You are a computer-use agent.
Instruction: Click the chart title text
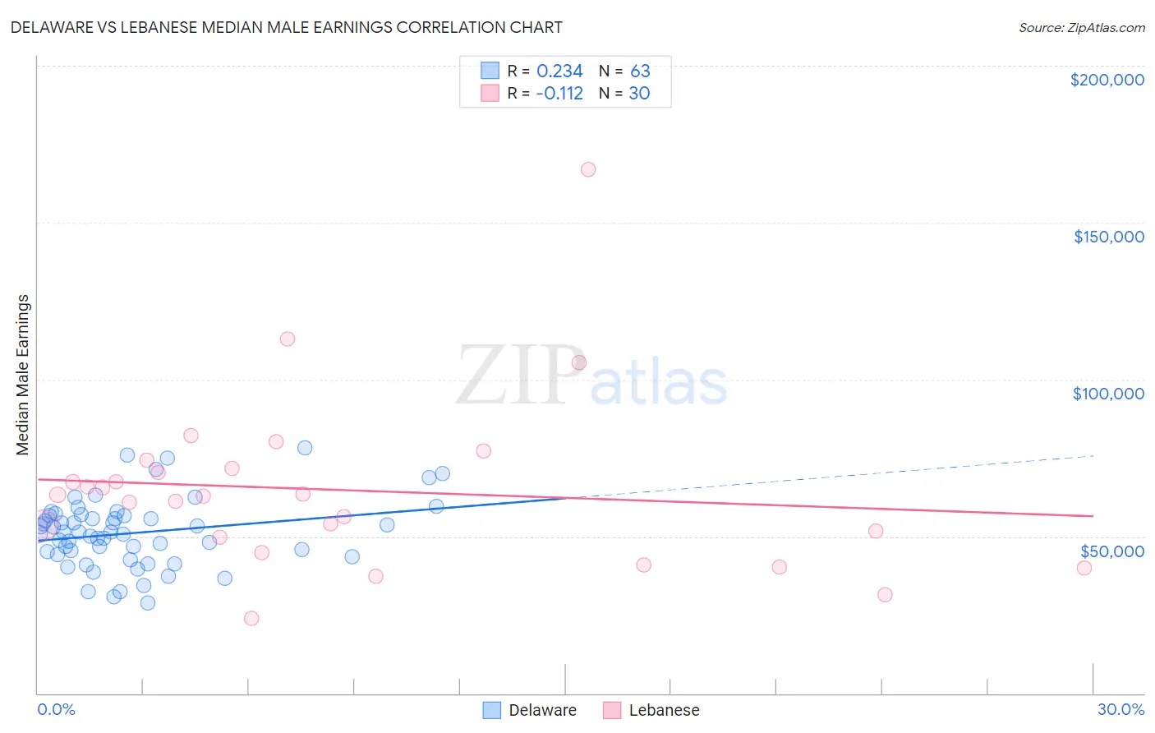(287, 27)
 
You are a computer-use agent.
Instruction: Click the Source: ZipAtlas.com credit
(1081, 27)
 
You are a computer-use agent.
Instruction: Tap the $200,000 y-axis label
(1107, 80)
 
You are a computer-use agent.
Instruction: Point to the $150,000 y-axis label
(1108, 237)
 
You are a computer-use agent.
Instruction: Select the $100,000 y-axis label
(1108, 394)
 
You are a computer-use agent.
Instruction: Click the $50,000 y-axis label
(1111, 551)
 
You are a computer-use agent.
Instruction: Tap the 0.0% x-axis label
(56, 709)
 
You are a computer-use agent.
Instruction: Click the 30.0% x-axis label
(1120, 709)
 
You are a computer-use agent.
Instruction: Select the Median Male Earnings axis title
(23, 374)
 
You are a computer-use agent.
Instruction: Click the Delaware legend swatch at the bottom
(492, 710)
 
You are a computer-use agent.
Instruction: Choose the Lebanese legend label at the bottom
(664, 710)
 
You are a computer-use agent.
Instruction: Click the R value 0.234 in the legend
(559, 71)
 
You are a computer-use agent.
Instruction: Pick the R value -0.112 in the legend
(559, 94)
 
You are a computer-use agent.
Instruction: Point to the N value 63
(640, 71)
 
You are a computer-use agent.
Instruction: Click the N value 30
(639, 94)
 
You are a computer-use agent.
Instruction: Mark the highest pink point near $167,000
(588, 169)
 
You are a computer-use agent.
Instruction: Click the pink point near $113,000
(288, 339)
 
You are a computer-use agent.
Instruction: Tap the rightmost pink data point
(1084, 568)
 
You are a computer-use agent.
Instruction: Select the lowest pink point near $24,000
(251, 618)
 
